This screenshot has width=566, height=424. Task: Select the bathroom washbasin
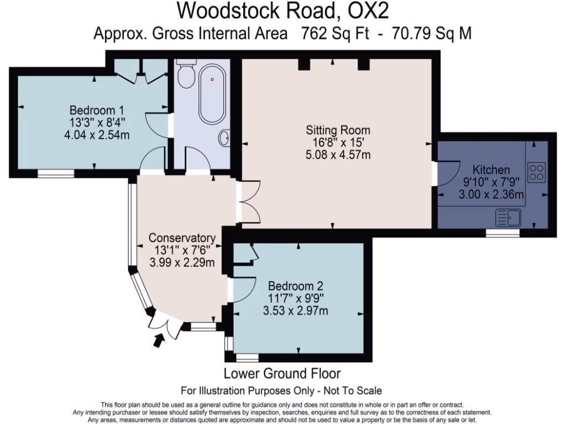click(x=225, y=138)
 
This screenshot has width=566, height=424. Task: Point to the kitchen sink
click(x=509, y=218)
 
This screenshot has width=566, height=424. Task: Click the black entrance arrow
click(x=159, y=342)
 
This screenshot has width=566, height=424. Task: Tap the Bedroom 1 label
click(x=96, y=109)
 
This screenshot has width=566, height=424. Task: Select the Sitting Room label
click(x=338, y=131)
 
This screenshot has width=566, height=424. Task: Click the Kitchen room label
click(x=491, y=169)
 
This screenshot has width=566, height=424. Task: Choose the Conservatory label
click(x=182, y=238)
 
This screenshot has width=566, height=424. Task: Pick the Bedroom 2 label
click(x=295, y=286)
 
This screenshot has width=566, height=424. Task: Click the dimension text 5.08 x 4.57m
click(x=338, y=155)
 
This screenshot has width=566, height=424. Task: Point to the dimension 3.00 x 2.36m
click(x=491, y=194)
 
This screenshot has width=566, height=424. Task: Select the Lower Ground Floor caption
click(x=282, y=373)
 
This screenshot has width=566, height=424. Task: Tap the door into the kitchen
click(x=443, y=173)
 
